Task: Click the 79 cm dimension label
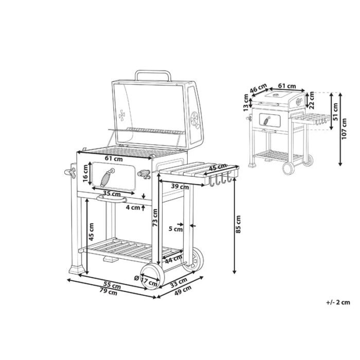pyautogui.click(x=108, y=292)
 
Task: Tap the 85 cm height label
pyautogui.click(x=238, y=224)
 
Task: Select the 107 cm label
pyautogui.click(x=344, y=129)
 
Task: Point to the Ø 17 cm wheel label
pyautogui.click(x=146, y=281)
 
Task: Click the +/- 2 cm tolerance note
pyautogui.click(x=338, y=302)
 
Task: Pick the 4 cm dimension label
pyautogui.click(x=133, y=208)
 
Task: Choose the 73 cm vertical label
pyautogui.click(x=155, y=218)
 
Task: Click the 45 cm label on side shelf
pyautogui.click(x=218, y=168)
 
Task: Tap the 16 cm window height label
pyautogui.click(x=86, y=174)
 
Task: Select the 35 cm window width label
pyautogui.click(x=112, y=193)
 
